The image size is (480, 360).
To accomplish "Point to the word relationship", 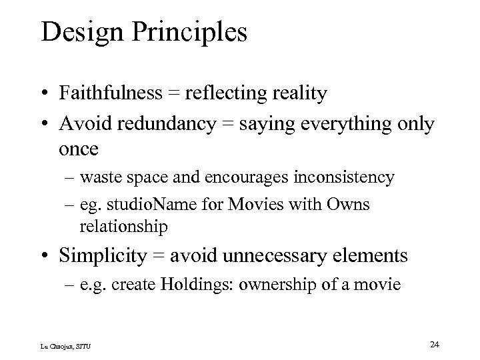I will click(x=123, y=227).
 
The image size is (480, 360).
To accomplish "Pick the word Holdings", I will click(x=197, y=285).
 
